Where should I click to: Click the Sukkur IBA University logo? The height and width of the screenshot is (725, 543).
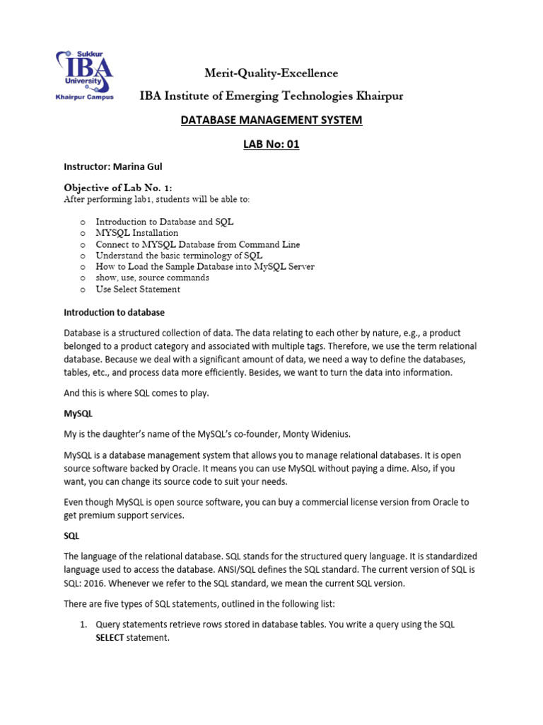pos(84,76)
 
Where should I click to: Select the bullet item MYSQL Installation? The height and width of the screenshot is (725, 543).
pos(137,233)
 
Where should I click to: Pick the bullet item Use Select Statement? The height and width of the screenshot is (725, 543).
pos(138,290)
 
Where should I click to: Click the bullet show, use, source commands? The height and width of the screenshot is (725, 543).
pos(152,278)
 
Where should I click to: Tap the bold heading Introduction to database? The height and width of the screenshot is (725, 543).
pos(114,312)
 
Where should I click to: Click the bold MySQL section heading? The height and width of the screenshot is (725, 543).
pos(78,412)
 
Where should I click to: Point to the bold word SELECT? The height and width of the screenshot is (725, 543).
pos(110,638)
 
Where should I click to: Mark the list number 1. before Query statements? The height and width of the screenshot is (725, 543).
pos(82,625)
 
